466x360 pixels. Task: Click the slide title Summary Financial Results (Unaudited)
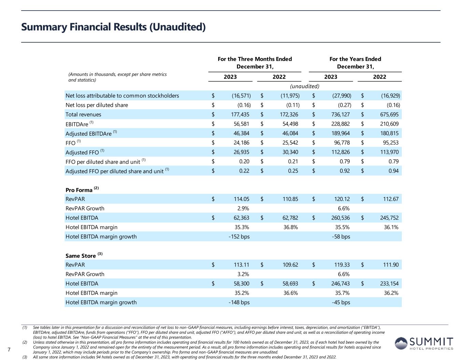click(113, 27)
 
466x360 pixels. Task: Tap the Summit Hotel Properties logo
click(424, 343)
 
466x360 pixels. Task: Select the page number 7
click(9, 349)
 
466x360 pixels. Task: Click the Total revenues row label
click(83, 115)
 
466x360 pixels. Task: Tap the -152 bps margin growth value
click(239, 236)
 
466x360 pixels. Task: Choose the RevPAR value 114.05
click(241, 199)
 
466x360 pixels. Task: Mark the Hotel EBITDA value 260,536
click(340, 218)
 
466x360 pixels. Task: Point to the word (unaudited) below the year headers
click(305, 86)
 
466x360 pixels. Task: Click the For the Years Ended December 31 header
click(355, 63)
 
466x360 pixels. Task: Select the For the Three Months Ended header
click(255, 63)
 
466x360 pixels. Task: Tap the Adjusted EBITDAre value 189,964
click(340, 133)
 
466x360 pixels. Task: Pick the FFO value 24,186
click(240, 143)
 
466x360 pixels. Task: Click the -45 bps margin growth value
click(341, 302)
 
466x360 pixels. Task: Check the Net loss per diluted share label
click(97, 105)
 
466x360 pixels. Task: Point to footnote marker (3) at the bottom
click(25, 357)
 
